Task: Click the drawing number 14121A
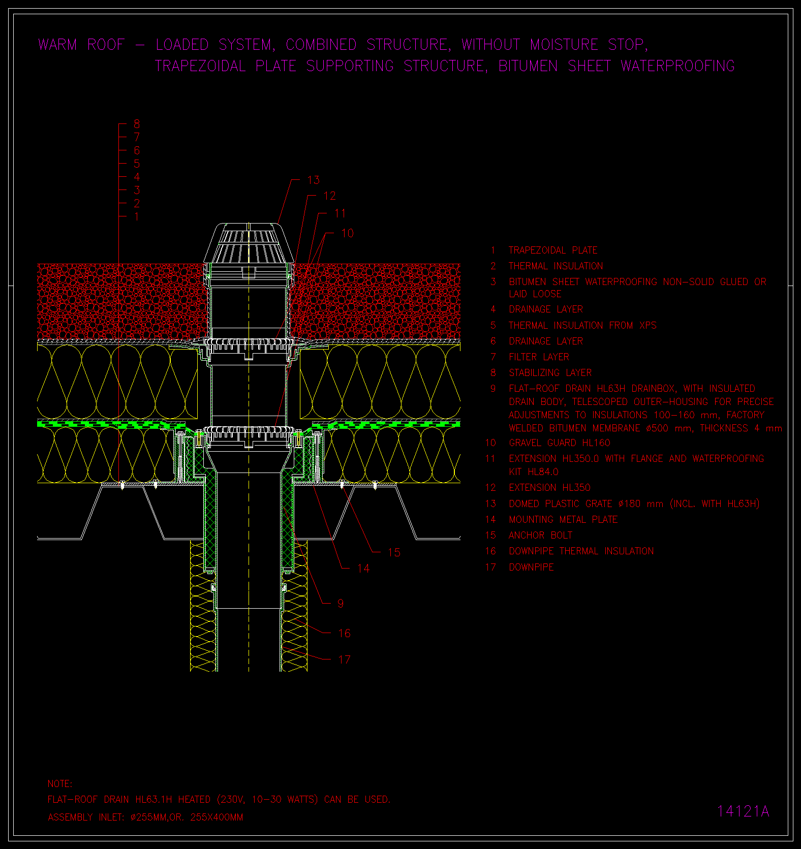(743, 811)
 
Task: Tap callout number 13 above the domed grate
(314, 180)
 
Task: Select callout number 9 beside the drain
(341, 604)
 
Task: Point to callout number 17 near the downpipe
(344, 659)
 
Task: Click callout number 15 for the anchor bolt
(394, 552)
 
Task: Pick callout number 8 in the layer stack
(137, 124)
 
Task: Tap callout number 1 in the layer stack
(137, 216)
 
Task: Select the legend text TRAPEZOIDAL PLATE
(553, 250)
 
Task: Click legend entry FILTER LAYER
(539, 357)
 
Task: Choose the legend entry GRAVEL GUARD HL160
(560, 443)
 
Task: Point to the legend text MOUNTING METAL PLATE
(563, 519)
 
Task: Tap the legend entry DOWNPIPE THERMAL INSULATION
(581, 551)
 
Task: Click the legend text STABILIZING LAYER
(550, 372)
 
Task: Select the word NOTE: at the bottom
(60, 783)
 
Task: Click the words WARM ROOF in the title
(81, 45)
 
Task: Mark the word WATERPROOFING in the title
(677, 66)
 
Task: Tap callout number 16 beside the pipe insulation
(344, 633)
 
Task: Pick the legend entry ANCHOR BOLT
(540, 535)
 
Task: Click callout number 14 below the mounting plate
(363, 569)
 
